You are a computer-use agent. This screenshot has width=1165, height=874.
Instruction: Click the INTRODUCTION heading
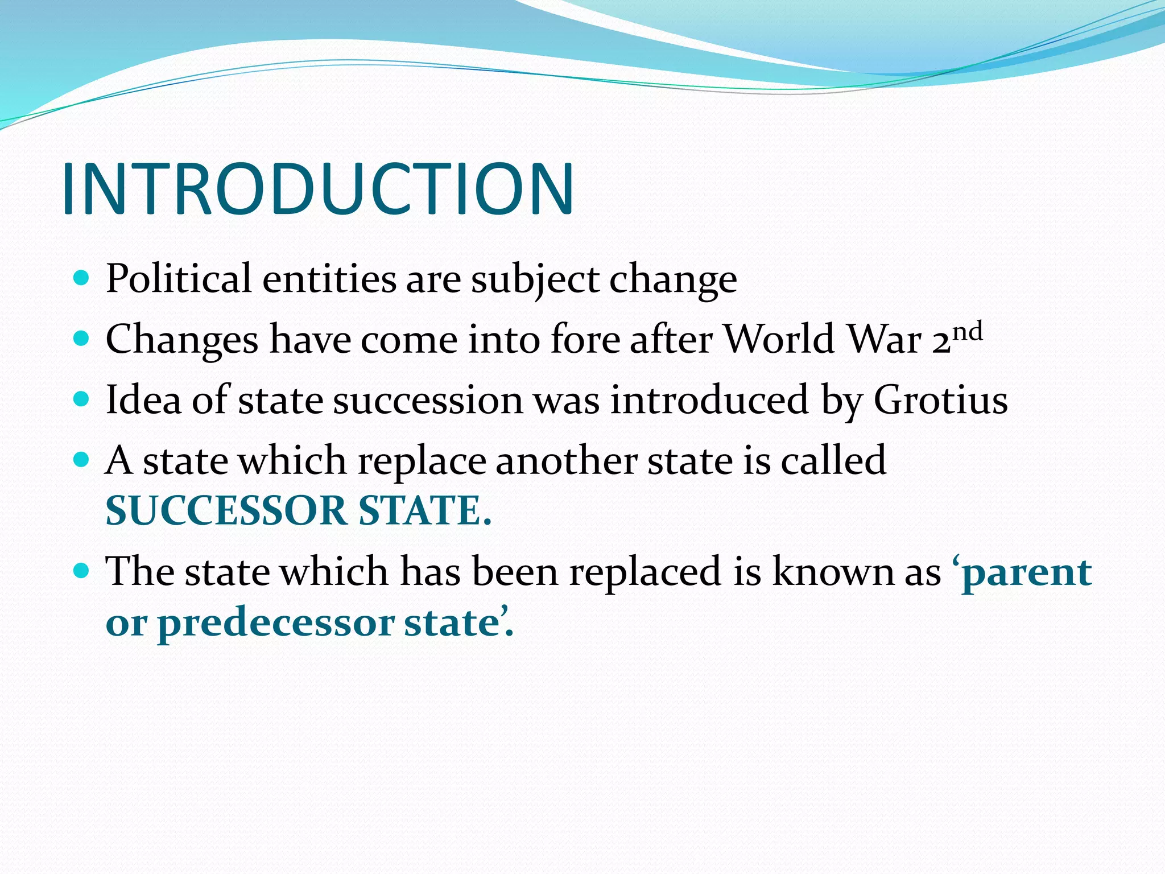(x=317, y=189)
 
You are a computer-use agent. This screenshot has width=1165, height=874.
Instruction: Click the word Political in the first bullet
(x=178, y=279)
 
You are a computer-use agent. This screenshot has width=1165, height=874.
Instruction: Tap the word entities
(x=329, y=279)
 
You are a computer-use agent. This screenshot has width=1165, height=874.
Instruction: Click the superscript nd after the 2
(x=968, y=332)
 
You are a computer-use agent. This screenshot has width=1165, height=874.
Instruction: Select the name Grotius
(x=940, y=399)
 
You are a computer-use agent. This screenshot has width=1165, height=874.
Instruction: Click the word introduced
(x=709, y=399)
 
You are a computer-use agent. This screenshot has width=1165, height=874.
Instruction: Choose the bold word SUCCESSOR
(x=226, y=510)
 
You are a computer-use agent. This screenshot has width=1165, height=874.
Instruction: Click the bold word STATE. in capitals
(x=424, y=510)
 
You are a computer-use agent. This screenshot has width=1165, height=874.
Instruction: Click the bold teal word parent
(x=1026, y=572)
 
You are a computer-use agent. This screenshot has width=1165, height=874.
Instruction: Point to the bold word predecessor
(x=275, y=624)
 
